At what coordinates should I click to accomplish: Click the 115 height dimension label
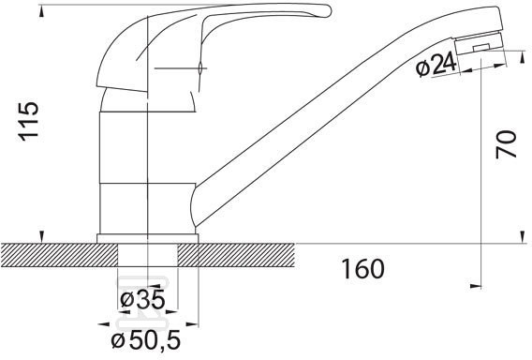[28, 121]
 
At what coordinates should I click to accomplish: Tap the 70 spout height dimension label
[506, 144]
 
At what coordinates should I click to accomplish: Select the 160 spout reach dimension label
[362, 269]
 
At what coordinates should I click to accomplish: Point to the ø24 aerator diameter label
[436, 66]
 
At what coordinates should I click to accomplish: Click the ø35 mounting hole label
[142, 300]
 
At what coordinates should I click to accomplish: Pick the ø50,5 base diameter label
[146, 340]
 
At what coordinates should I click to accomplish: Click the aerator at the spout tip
[479, 43]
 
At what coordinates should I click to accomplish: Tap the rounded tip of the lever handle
[326, 10]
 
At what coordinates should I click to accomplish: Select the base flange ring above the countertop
[148, 238]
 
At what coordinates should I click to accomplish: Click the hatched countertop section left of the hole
[59, 255]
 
